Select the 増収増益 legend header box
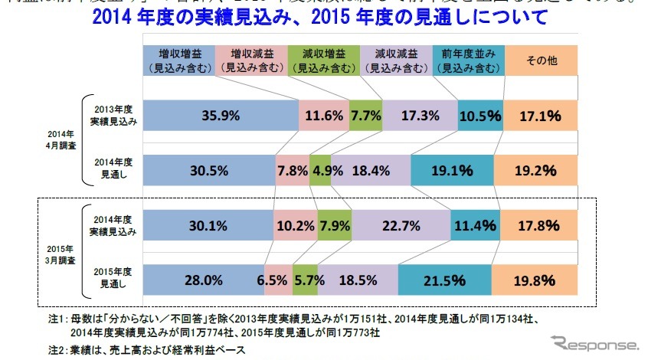coord(179,61)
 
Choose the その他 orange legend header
coord(541,61)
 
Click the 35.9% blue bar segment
coord(221,116)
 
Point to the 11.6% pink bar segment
coord(323,116)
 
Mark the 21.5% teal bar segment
coord(444,280)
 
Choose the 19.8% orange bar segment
coord(539,280)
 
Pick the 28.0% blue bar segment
coord(205,280)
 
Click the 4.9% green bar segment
coord(320,169)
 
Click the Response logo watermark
coord(588,342)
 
